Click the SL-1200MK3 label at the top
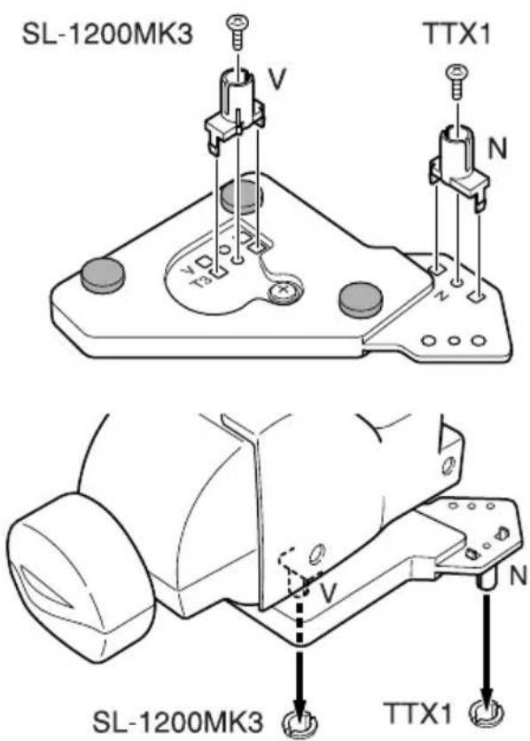(107, 35)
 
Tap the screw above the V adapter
(237, 33)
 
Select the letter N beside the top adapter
(496, 149)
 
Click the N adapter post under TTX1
(459, 168)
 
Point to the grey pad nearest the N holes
(362, 300)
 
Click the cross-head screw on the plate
(284, 293)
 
